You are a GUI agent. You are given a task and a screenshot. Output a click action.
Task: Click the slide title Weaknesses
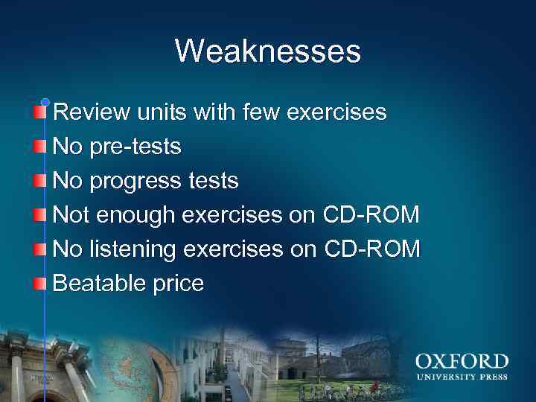[x=268, y=51]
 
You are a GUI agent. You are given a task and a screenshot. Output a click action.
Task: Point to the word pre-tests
[x=135, y=147]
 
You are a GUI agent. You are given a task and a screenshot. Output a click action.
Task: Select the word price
[x=177, y=284]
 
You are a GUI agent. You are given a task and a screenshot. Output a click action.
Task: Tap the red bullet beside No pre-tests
[x=39, y=147]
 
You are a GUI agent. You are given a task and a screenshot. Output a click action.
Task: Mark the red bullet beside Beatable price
[x=39, y=284]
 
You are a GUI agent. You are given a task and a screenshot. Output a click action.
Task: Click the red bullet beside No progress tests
[x=39, y=181]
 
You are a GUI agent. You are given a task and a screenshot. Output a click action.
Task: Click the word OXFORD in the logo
[x=462, y=363]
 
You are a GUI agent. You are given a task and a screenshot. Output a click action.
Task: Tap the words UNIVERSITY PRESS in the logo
[x=462, y=377]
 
